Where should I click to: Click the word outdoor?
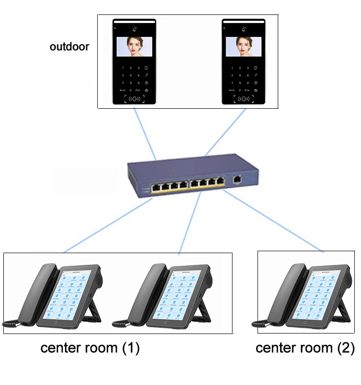[x=69, y=47]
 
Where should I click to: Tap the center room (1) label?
[x=90, y=348]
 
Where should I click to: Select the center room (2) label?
[x=305, y=348]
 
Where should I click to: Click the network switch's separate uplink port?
[x=237, y=180]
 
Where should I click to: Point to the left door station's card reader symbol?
[x=134, y=99]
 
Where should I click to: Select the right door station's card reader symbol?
[x=244, y=99]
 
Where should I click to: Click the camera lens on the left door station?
[x=134, y=27]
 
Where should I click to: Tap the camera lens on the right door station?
[x=244, y=27]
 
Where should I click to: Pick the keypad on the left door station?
[x=134, y=76]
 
